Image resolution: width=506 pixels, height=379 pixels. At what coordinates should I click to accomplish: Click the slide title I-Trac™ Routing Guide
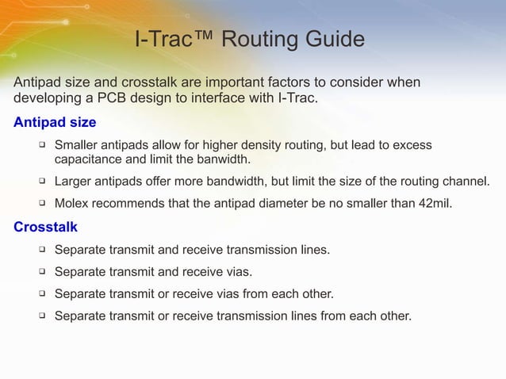click(x=250, y=39)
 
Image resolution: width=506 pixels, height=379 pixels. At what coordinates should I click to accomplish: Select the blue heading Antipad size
click(x=55, y=123)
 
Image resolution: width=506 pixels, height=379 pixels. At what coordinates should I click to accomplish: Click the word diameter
click(x=299, y=204)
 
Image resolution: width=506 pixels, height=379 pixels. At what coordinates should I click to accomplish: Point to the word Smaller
click(x=79, y=146)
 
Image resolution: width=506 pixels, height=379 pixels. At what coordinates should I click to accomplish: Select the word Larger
click(x=75, y=181)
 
